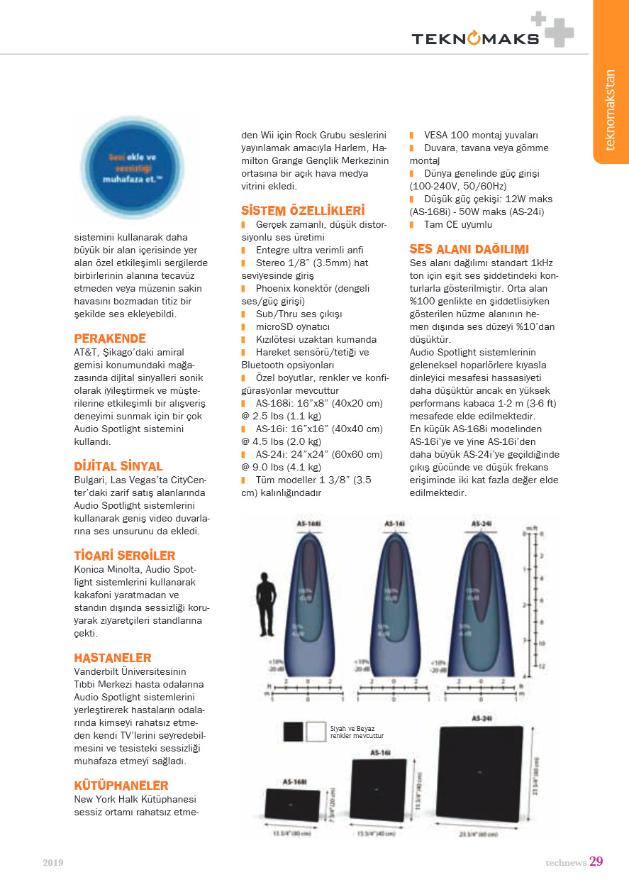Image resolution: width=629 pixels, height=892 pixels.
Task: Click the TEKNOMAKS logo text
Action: tap(475, 38)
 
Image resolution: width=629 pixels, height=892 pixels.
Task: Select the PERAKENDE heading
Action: tap(110, 338)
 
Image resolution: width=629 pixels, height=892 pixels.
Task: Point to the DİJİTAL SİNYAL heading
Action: tap(118, 466)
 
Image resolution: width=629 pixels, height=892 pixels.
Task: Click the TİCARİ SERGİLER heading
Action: tap(124, 556)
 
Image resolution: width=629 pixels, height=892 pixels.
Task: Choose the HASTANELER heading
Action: tap(113, 658)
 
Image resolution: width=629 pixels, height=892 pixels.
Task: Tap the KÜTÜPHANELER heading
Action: tap(121, 786)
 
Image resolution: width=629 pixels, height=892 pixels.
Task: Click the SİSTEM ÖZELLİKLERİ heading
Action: tap(303, 211)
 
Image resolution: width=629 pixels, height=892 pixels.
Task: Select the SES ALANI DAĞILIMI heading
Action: tap(469, 249)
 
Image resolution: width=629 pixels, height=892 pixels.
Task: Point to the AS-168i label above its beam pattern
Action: tap(308, 524)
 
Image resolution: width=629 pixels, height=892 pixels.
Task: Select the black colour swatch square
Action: tap(293, 732)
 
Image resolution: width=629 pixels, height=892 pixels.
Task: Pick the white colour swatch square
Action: tap(316, 732)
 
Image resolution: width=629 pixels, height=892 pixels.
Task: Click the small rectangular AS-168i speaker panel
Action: tap(291, 805)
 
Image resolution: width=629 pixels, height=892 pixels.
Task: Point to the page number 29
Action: tap(596, 861)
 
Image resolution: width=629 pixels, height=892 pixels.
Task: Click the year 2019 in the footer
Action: tap(53, 863)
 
